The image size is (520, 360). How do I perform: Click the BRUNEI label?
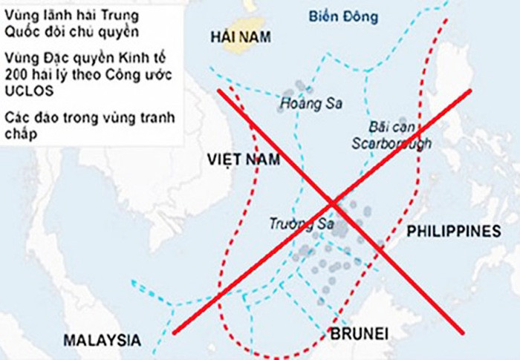355,332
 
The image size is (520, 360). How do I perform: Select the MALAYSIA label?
101,340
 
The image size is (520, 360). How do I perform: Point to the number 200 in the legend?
15,73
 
